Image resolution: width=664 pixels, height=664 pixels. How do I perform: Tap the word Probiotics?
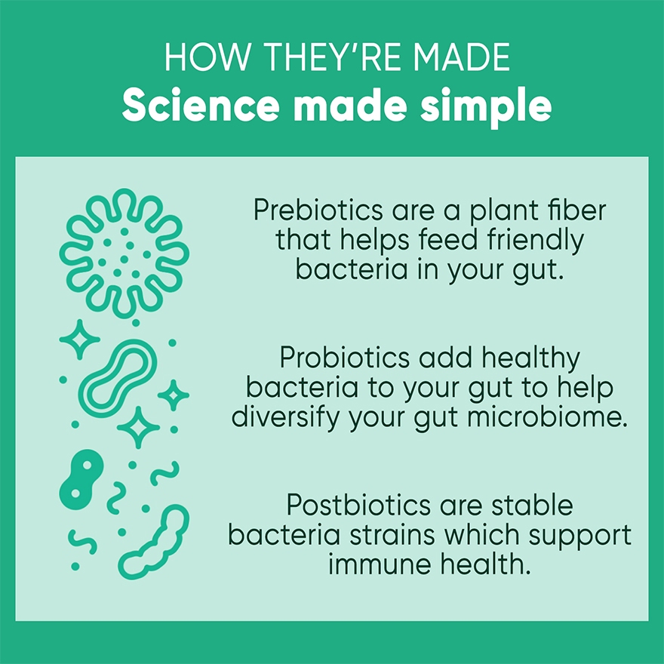coord(345,358)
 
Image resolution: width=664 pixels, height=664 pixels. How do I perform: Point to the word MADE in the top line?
coord(462,57)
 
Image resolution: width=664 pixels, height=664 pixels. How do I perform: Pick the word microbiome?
coord(548,417)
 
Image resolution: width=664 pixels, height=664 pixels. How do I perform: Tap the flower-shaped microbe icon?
coord(124,254)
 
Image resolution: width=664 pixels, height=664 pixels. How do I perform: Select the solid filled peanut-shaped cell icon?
coord(81,479)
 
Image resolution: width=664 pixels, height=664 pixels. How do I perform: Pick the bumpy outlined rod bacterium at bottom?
coord(154,543)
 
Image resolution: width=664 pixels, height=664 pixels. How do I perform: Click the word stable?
coord(532,506)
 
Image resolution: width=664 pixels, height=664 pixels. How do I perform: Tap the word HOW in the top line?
coord(206,57)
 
